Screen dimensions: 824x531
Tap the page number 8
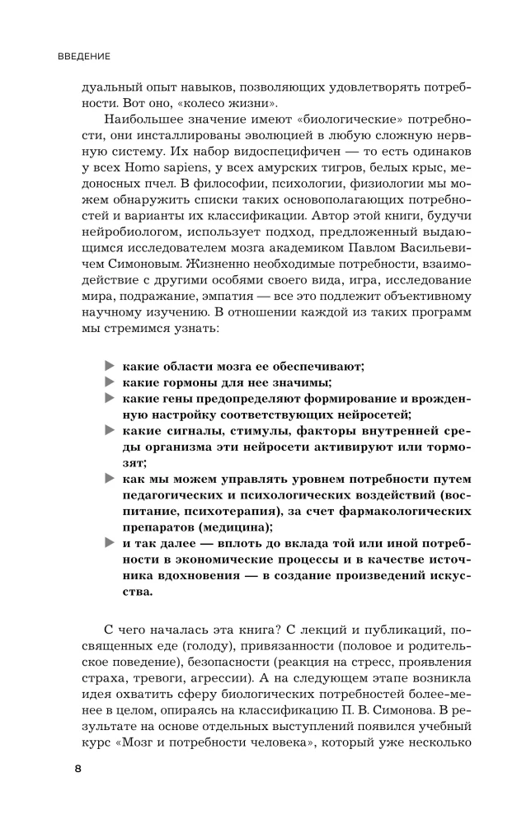tap(78, 769)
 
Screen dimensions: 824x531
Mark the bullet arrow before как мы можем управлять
tap(108, 478)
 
